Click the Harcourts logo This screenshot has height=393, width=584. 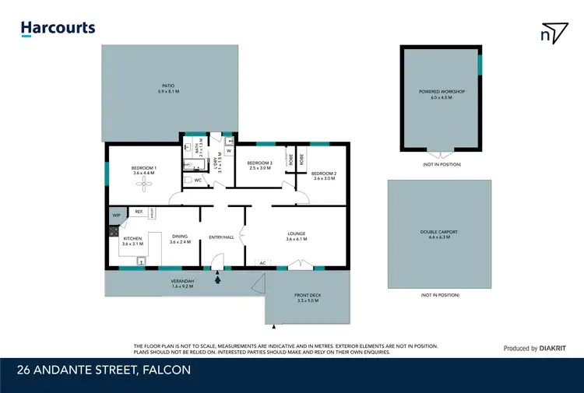click(58, 28)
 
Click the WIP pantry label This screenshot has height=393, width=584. click(117, 215)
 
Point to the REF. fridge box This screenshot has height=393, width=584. click(139, 211)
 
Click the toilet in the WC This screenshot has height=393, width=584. click(188, 181)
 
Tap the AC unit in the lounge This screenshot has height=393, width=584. click(262, 263)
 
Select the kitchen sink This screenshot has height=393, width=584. click(141, 261)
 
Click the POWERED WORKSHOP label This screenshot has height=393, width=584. click(442, 92)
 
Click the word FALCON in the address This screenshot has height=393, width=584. click(165, 370)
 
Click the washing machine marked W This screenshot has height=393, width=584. click(229, 151)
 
